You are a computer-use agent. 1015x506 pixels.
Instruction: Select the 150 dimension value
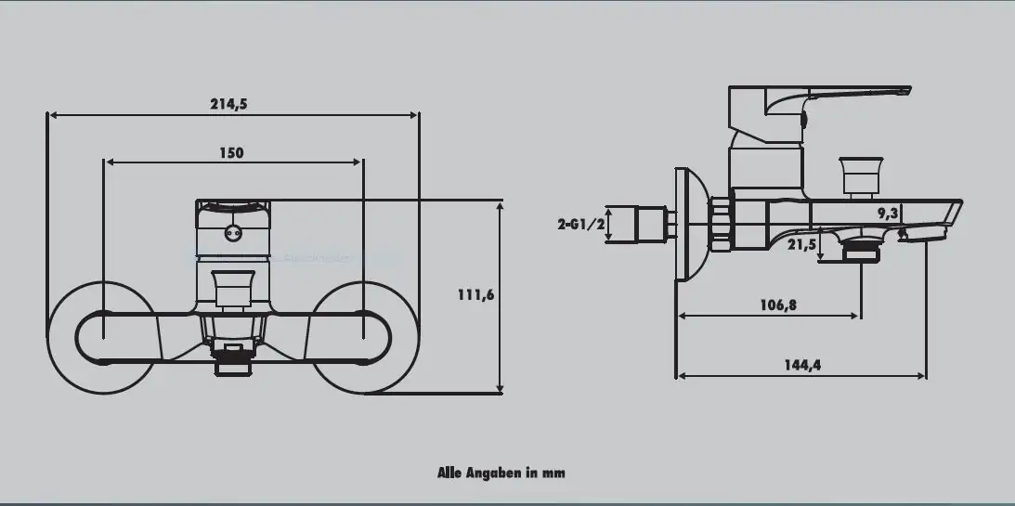pyautogui.click(x=231, y=153)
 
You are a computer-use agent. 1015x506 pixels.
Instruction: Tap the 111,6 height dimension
pyautogui.click(x=476, y=294)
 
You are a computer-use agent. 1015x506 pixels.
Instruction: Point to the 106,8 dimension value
pyautogui.click(x=778, y=305)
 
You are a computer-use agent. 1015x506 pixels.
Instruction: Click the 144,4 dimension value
pyautogui.click(x=802, y=365)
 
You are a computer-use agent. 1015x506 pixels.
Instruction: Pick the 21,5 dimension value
pyautogui.click(x=801, y=244)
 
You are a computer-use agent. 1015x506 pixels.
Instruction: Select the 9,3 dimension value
pyautogui.click(x=888, y=214)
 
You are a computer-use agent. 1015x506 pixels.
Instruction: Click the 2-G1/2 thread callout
pyautogui.click(x=581, y=224)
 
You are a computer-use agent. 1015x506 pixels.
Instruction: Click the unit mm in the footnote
pyautogui.click(x=553, y=473)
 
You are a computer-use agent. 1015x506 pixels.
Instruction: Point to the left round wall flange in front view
pyautogui.click(x=99, y=336)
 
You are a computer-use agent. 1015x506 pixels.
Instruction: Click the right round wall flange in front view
pyautogui.click(x=362, y=336)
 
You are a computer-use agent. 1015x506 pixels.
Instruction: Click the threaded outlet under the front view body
pyautogui.click(x=233, y=359)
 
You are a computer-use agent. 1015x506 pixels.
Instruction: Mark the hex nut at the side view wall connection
pyautogui.click(x=722, y=224)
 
